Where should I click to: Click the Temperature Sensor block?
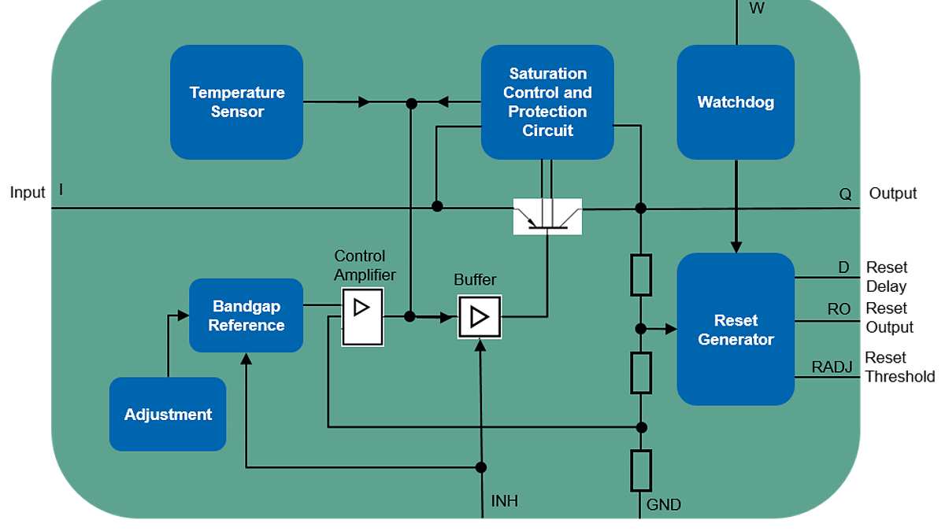pos(236,102)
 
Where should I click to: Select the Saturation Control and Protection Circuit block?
pos(547,102)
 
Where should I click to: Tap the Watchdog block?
pos(736,102)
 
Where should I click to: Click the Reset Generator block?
pos(736,330)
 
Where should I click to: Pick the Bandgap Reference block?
pos(246,315)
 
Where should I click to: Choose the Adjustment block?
pos(168,415)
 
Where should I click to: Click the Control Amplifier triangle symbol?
pos(362,308)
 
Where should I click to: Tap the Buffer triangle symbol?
pos(479,317)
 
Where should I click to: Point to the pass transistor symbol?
pos(547,217)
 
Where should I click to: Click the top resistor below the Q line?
pos(641,275)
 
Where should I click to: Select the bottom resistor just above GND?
pos(641,470)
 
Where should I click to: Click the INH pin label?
pos(505,501)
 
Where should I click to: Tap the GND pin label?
pos(663,505)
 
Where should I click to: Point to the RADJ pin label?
pos(832,367)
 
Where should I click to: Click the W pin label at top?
pos(756,9)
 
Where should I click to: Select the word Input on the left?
pos(28,193)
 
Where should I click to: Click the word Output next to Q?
pos(892,194)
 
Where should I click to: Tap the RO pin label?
pos(838,309)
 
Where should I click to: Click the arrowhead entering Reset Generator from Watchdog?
pos(736,246)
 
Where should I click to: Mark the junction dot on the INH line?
pos(480,467)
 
